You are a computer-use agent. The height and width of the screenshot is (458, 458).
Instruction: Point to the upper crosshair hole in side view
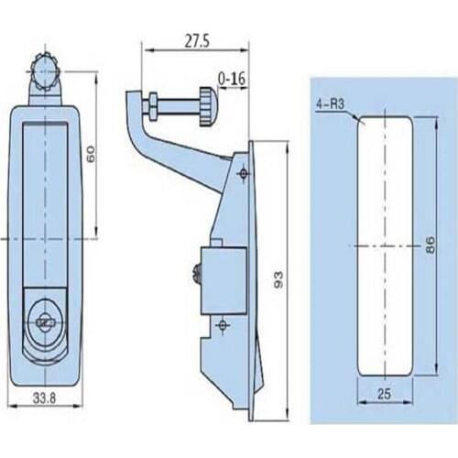coord(243,173)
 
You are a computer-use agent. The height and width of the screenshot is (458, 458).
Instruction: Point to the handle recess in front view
coord(43,202)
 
